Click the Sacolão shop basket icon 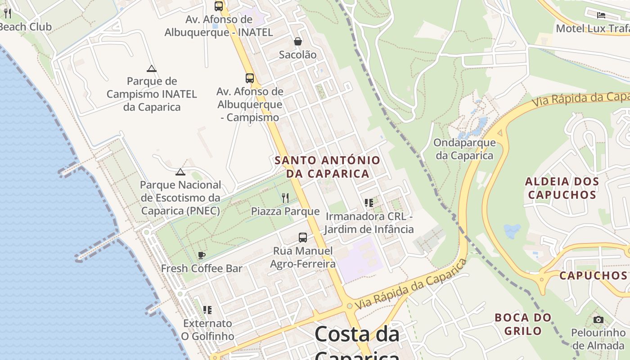click(297, 42)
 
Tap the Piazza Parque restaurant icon click(285, 198)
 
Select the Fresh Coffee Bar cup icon click(202, 256)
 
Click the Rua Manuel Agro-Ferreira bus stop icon click(303, 238)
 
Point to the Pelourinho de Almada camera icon click(598, 320)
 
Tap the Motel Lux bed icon click(601, 15)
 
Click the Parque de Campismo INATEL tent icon click(152, 68)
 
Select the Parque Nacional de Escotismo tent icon click(180, 172)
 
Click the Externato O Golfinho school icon click(207, 310)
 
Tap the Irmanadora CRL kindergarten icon click(369, 203)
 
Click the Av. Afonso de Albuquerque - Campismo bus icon click(250, 78)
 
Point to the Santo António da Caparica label click(327, 166)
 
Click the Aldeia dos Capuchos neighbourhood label click(562, 188)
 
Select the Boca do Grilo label click(523, 324)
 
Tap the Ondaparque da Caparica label click(464, 149)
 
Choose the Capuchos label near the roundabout click(593, 275)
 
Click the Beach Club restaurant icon click(7, 13)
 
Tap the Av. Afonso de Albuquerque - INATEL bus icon click(219, 6)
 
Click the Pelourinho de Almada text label click(598, 339)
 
